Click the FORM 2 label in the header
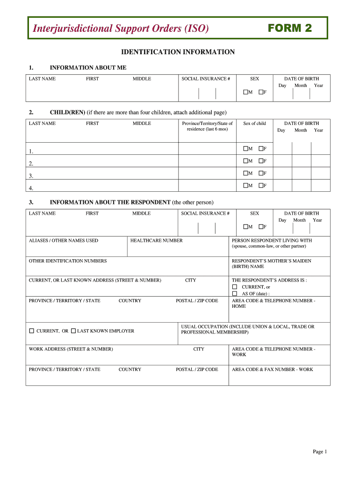click(x=290, y=28)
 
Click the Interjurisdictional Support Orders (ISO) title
click(x=121, y=29)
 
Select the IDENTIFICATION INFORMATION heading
click(x=178, y=52)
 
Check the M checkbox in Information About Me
click(x=245, y=92)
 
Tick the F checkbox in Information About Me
click(x=260, y=92)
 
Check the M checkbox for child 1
click(x=245, y=149)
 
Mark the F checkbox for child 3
click(x=260, y=173)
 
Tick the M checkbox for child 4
click(x=245, y=186)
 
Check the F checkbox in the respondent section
click(x=260, y=227)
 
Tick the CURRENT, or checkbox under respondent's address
click(x=235, y=287)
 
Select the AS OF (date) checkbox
click(x=235, y=293)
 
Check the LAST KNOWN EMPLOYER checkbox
click(x=73, y=331)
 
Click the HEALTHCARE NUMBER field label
click(x=156, y=240)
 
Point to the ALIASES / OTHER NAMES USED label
click(x=64, y=240)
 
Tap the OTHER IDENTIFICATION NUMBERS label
click(x=68, y=261)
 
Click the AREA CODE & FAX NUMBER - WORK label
click(x=272, y=370)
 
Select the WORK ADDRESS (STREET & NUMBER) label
click(x=71, y=349)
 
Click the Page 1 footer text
click(x=320, y=451)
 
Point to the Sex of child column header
click(x=254, y=123)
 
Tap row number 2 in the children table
click(x=31, y=164)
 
